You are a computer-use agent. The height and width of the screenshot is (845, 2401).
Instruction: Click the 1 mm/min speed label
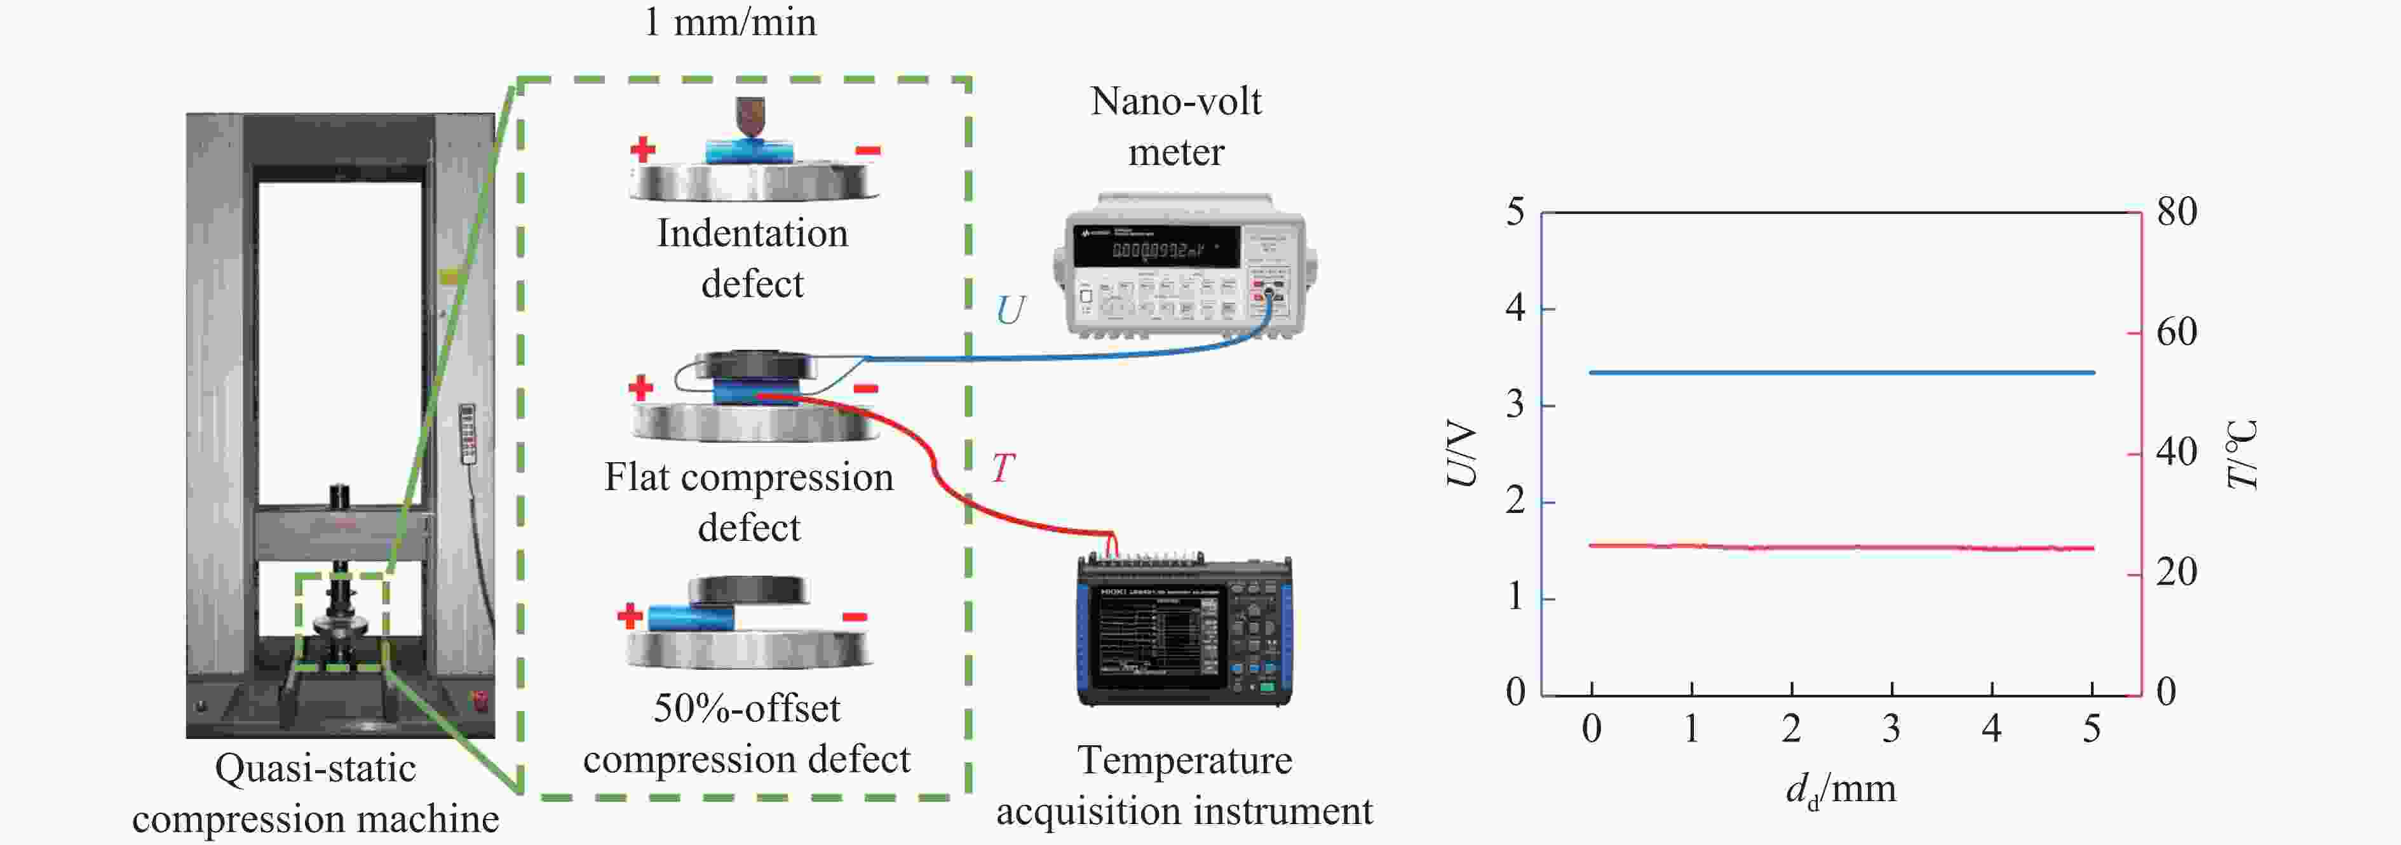[x=730, y=22]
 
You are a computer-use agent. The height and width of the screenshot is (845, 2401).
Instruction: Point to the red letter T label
[x=1002, y=468]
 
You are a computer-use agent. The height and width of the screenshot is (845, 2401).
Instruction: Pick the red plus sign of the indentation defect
[x=642, y=149]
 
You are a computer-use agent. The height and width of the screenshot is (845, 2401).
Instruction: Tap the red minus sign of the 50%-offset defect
[x=855, y=616]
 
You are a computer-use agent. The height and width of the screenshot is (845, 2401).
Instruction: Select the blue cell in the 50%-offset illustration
[x=691, y=618]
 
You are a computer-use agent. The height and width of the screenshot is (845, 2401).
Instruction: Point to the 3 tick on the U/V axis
[x=1515, y=405]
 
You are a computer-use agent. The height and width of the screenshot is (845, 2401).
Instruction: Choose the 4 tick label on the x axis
[x=1992, y=729]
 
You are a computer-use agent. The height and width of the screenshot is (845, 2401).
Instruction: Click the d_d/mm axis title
[x=1841, y=790]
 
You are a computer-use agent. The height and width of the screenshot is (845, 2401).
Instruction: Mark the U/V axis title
[x=1461, y=454]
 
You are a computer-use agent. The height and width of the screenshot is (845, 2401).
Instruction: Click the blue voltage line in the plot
[x=1841, y=373]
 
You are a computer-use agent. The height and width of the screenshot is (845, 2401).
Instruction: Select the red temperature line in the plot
[x=1841, y=547]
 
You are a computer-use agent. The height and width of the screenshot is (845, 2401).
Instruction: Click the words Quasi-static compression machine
[x=315, y=794]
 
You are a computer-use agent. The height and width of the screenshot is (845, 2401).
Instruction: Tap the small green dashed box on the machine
[x=342, y=622]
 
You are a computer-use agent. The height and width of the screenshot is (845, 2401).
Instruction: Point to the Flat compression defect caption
[x=749, y=502]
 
